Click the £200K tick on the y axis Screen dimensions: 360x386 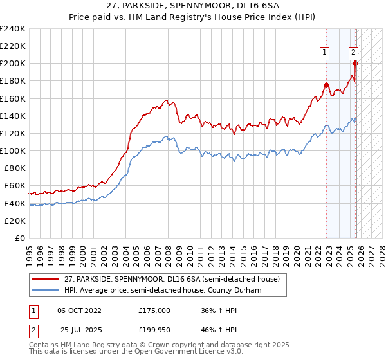13,64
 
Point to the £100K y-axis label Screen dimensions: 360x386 13,150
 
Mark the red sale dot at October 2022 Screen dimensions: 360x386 326,85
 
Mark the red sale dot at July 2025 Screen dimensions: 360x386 355,63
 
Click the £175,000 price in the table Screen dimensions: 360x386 154,310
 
